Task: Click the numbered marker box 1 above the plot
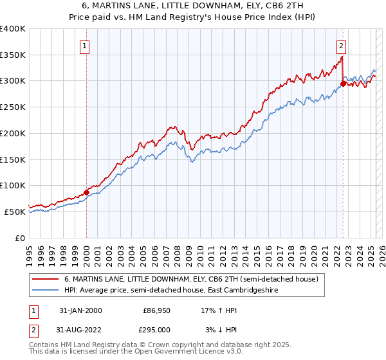(x=86, y=46)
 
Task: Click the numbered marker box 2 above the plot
(x=340, y=46)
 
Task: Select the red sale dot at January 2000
(x=86, y=192)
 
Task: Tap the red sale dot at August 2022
(x=344, y=83)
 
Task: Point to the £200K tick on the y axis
(x=14, y=133)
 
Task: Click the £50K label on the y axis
(x=16, y=212)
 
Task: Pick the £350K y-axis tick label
(x=14, y=55)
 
